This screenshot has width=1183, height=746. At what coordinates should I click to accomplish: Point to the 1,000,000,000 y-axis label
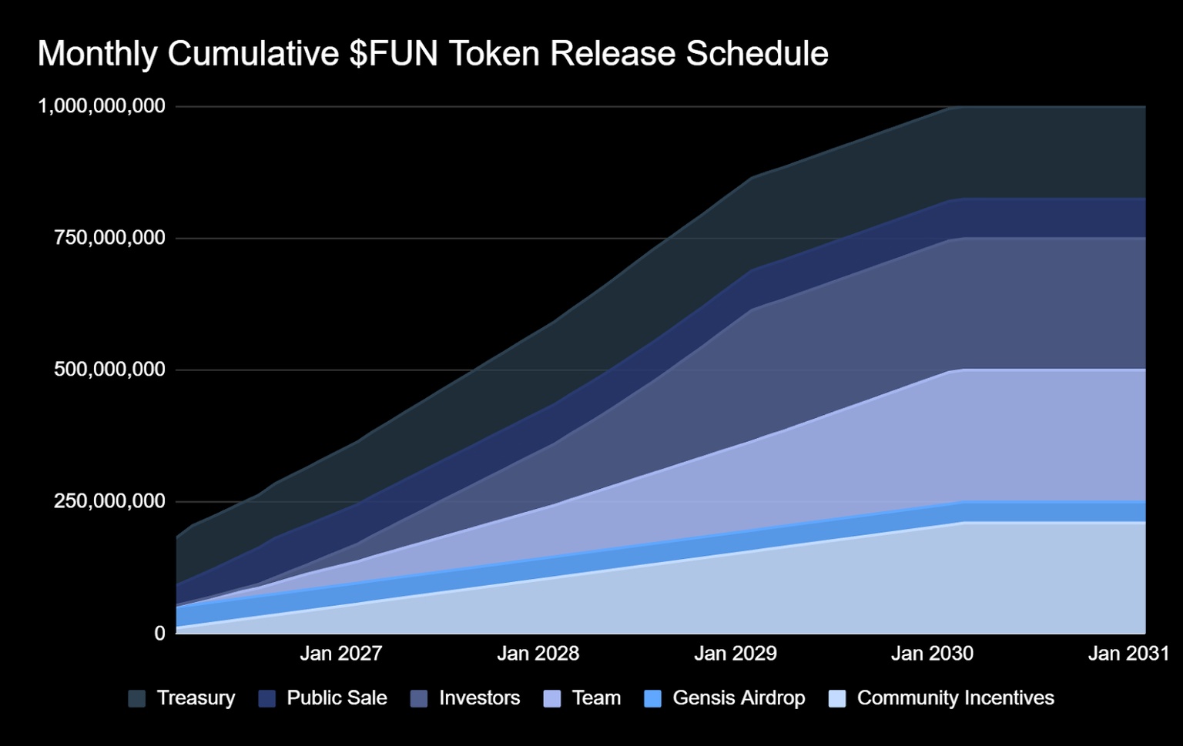pyautogui.click(x=102, y=105)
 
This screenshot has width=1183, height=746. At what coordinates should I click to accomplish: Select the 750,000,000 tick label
pyautogui.click(x=109, y=237)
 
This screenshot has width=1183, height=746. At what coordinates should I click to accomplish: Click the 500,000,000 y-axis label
pyautogui.click(x=109, y=370)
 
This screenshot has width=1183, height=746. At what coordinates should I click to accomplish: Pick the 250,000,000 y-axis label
pyautogui.click(x=109, y=501)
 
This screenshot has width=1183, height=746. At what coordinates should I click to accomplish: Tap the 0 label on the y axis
pyautogui.click(x=159, y=633)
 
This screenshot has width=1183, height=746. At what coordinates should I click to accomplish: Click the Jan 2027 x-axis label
pyautogui.click(x=340, y=654)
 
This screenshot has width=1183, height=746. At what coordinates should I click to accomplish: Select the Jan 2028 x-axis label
pyautogui.click(x=538, y=654)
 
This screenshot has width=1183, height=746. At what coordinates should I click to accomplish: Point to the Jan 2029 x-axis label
pyautogui.click(x=735, y=654)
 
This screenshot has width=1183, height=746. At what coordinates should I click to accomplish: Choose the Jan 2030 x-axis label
pyautogui.click(x=932, y=654)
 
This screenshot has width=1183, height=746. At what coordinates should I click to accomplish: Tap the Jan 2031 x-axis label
pyautogui.click(x=1128, y=654)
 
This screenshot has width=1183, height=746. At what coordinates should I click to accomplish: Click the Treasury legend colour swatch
pyautogui.click(x=137, y=698)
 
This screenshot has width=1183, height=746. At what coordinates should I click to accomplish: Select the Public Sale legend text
pyautogui.click(x=337, y=698)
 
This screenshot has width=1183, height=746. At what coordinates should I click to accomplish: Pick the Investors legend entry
pyautogui.click(x=479, y=698)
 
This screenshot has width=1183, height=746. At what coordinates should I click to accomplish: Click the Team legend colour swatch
pyautogui.click(x=552, y=698)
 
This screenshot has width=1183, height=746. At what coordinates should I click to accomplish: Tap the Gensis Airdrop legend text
pyautogui.click(x=739, y=698)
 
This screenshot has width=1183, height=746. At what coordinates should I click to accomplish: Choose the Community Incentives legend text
pyautogui.click(x=955, y=698)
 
